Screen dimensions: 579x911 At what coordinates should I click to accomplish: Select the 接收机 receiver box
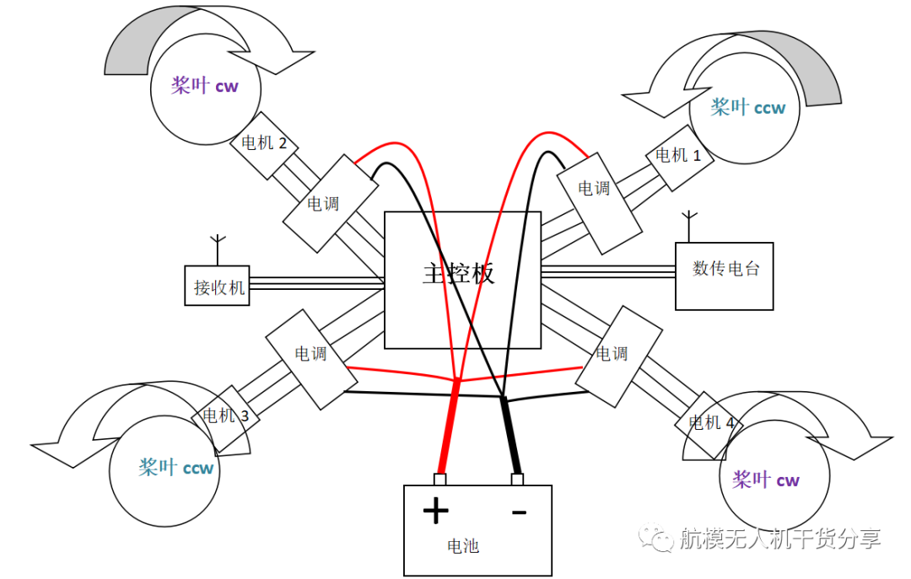coord(218,287)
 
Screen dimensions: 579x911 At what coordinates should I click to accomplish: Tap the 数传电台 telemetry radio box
coord(725,276)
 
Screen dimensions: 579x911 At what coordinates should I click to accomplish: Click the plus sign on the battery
coord(435,511)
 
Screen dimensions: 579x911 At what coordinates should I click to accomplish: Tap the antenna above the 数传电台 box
coord(688,226)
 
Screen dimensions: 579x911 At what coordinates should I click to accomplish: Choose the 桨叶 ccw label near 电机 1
coord(747,107)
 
